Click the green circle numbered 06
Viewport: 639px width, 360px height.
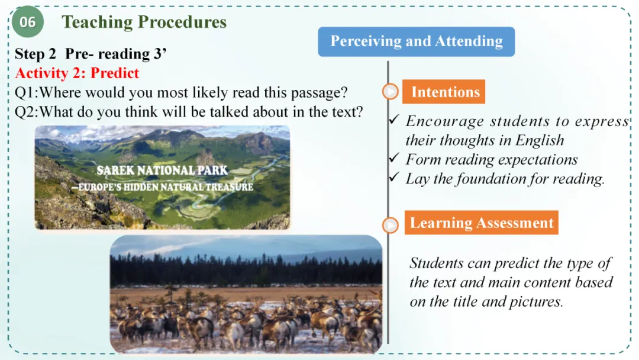[27, 21]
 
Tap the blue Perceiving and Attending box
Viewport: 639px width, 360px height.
[416, 41]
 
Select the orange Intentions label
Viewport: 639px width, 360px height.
[444, 92]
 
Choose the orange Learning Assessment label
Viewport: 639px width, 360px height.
[481, 223]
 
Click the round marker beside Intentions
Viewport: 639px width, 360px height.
[390, 91]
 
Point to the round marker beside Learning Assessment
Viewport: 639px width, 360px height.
[390, 225]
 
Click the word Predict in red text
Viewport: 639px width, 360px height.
[115, 73]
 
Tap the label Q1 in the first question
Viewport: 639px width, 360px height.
[24, 93]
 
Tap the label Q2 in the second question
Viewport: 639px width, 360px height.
[24, 112]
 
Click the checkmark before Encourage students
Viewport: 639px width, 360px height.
[394, 120]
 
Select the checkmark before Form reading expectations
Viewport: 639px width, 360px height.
[394, 157]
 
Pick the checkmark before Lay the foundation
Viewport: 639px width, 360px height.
[394, 177]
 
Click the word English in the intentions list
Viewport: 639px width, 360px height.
[540, 140]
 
